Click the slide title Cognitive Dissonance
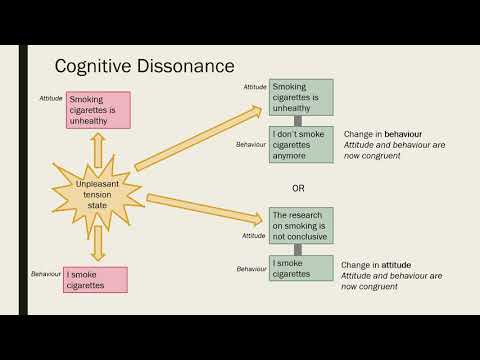144,66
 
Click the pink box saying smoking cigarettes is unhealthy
99,109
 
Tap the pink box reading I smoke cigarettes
95,279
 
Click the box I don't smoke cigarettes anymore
300,144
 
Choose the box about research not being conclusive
300,225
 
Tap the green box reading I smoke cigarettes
300,267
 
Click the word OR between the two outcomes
298,187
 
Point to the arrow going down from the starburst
99,243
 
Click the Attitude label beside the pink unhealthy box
51,100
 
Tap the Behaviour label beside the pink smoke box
46,273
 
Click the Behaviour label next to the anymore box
251,144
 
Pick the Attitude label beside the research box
254,236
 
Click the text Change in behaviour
381,133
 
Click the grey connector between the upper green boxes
297,121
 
